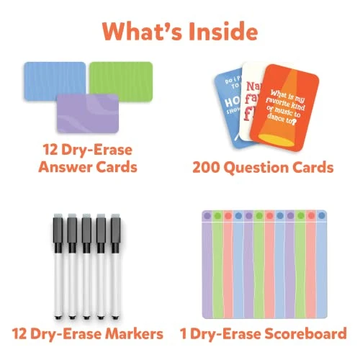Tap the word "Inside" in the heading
click(x=223, y=32)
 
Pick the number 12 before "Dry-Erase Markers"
click(x=22, y=333)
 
